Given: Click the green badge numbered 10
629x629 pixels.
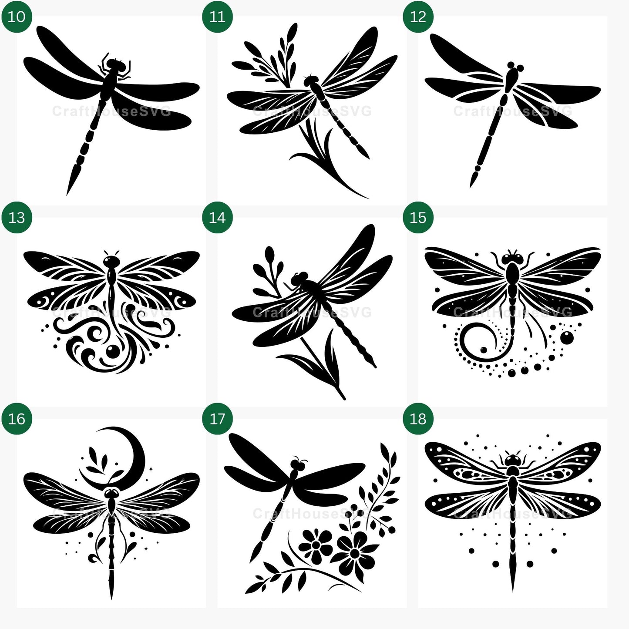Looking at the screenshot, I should click(17, 17).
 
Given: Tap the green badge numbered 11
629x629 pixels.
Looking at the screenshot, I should click(217, 17).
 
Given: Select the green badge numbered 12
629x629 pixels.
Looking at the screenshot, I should click(418, 17).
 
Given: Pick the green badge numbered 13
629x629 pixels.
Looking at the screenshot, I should click(17, 218).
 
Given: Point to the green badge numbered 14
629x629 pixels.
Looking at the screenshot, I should click(217, 218).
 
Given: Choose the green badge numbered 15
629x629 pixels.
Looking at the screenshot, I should click(418, 218).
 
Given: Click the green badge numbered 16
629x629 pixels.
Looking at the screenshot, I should click(17, 419).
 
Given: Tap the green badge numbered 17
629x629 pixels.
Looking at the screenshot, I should click(217, 419).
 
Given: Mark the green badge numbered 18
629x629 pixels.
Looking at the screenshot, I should click(418, 419).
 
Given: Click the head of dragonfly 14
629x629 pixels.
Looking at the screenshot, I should click(299, 279).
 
